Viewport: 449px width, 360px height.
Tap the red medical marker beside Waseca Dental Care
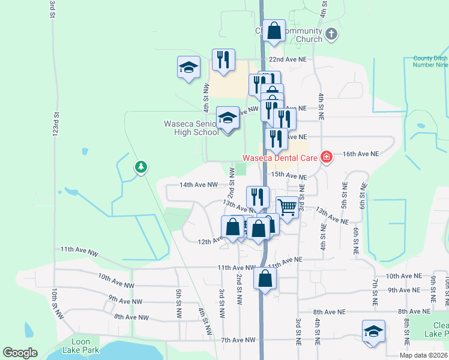point(326,157)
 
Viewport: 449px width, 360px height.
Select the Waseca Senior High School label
point(191,128)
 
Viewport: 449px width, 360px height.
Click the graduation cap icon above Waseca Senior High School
point(228,119)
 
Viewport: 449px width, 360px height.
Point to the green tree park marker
point(140,166)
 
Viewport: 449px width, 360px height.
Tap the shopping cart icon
point(288,207)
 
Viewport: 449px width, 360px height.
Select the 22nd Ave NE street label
point(288,60)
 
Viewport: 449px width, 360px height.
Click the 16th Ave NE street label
point(361,154)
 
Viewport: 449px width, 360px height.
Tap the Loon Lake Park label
point(80,346)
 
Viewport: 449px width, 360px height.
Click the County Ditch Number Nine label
point(430,62)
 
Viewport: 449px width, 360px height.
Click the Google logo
point(20,353)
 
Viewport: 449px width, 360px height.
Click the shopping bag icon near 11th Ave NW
point(265,279)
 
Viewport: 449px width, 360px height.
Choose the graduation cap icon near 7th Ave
point(373,331)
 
